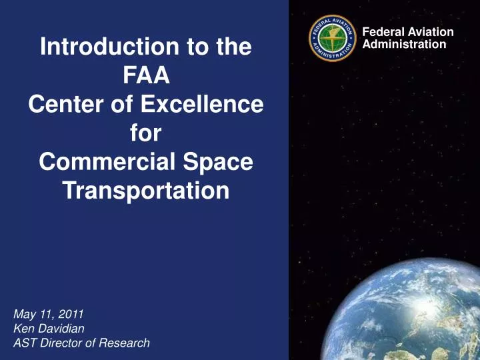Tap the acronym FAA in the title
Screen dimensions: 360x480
click(x=146, y=76)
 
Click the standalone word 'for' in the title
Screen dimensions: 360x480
click(x=146, y=133)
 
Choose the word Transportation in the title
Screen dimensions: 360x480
click(x=146, y=191)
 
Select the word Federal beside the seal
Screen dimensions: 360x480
click(x=381, y=32)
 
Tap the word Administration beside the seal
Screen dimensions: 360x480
click(x=404, y=44)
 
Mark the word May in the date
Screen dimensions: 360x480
click(x=23, y=313)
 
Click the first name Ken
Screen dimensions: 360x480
click(x=22, y=328)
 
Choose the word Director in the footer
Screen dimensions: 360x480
click(x=61, y=343)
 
